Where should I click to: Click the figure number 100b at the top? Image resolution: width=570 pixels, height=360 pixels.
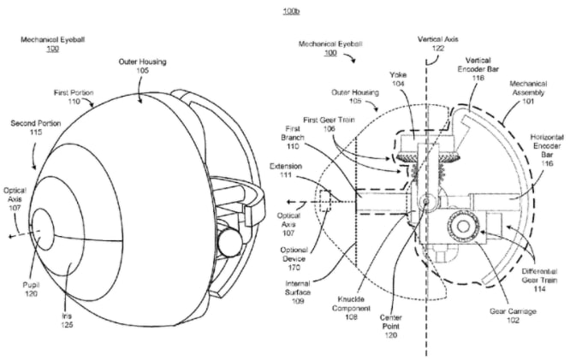[x=291, y=11]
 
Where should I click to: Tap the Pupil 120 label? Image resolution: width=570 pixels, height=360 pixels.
[x=32, y=289]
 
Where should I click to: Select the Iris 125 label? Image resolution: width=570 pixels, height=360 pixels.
[x=67, y=320]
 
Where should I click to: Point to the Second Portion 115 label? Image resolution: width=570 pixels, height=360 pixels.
[x=36, y=127]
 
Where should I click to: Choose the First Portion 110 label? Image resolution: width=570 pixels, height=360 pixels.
[x=74, y=97]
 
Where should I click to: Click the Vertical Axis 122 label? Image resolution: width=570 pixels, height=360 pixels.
[x=437, y=44]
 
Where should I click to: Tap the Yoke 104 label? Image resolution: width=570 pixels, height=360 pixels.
[x=398, y=79]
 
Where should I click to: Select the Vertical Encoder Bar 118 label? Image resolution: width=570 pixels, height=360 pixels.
[x=478, y=69]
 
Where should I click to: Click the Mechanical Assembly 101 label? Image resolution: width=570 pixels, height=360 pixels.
[x=528, y=92]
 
